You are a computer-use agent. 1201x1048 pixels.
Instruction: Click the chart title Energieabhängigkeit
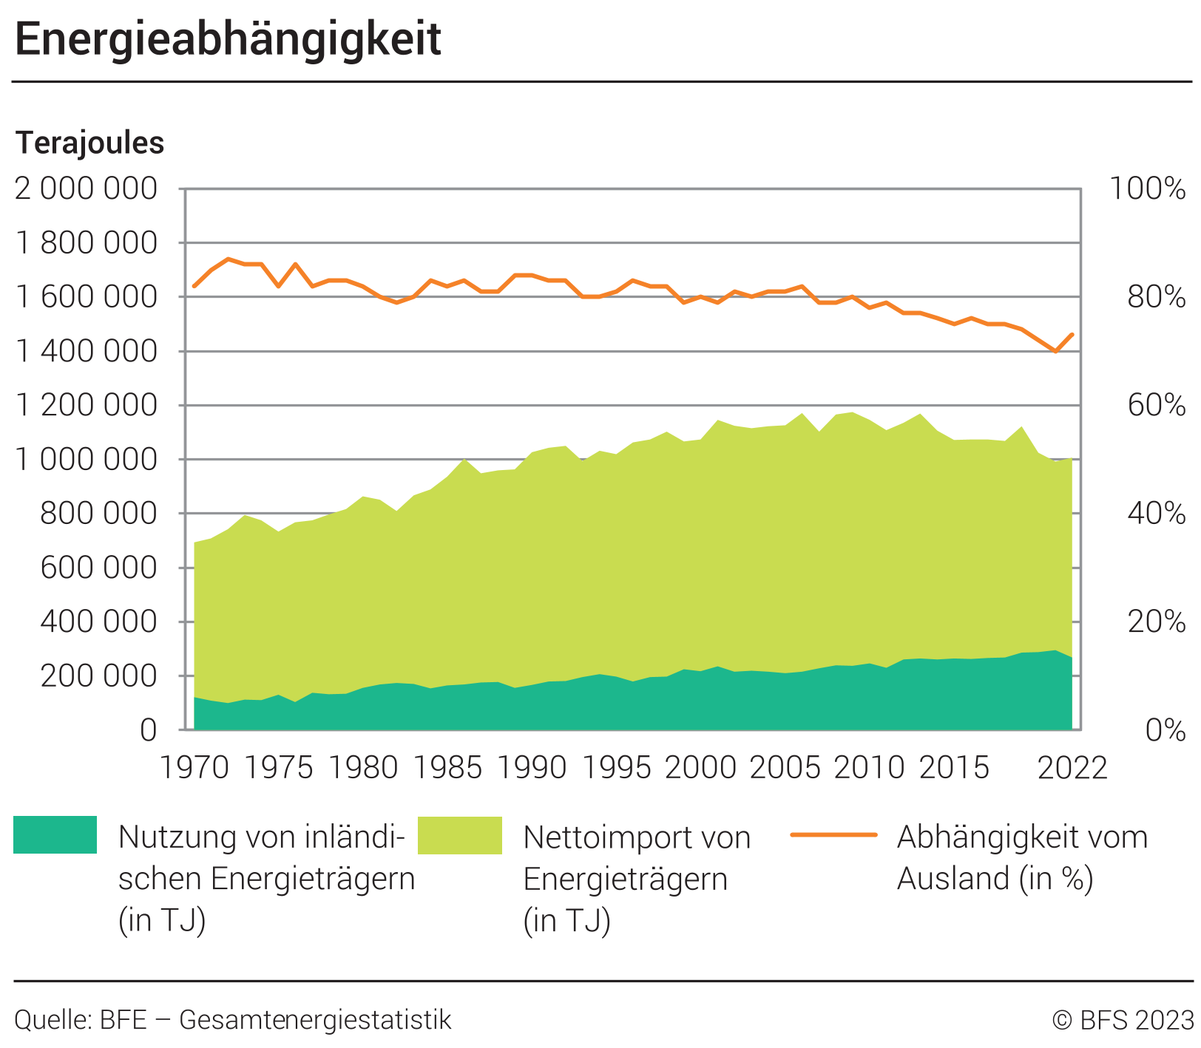tap(228, 39)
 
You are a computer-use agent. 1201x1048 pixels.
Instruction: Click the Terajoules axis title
tap(89, 143)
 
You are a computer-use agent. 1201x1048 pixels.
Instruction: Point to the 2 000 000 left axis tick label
tap(87, 189)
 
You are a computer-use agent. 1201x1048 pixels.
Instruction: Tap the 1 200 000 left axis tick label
tap(87, 405)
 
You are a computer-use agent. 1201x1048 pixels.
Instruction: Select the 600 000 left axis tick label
tap(99, 568)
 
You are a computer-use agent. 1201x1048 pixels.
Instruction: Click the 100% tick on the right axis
tap(1147, 189)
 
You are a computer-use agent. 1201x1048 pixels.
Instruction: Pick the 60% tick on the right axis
tap(1156, 405)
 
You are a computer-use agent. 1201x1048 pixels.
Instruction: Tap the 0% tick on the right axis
tap(1165, 730)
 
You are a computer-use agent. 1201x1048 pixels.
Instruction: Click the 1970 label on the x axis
tap(194, 768)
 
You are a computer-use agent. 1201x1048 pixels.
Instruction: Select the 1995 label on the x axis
tap(616, 768)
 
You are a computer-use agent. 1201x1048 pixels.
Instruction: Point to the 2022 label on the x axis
tap(1072, 768)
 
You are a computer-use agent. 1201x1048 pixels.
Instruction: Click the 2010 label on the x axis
tap(870, 768)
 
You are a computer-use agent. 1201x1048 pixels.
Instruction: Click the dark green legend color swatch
tap(55, 835)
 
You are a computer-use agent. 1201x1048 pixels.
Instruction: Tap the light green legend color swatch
tap(460, 835)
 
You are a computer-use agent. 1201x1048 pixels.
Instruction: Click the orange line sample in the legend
tap(833, 835)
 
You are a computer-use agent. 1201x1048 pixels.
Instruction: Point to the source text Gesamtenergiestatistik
tap(315, 1020)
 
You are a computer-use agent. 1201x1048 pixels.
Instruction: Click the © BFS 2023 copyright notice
tap(1123, 1020)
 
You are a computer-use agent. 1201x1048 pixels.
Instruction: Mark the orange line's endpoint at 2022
tap(1072, 334)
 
